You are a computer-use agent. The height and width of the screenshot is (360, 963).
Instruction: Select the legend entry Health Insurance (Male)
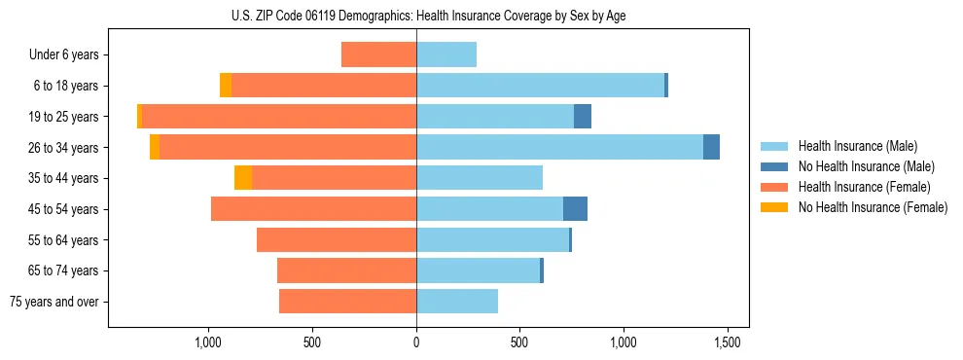pyautogui.click(x=851, y=147)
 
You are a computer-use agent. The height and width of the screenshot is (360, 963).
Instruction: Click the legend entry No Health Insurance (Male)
pyautogui.click(x=859, y=167)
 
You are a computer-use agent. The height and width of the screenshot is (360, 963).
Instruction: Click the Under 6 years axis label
pyautogui.click(x=63, y=55)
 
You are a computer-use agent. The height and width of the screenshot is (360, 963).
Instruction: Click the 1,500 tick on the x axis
pyautogui.click(x=727, y=342)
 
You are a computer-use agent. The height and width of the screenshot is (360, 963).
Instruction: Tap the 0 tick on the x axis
pyautogui.click(x=416, y=342)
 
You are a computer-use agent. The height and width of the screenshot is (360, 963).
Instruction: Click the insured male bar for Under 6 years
pyautogui.click(x=446, y=55)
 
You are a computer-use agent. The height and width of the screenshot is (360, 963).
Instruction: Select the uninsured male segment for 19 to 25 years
pyautogui.click(x=583, y=117)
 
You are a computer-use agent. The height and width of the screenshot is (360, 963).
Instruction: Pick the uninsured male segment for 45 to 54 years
pyautogui.click(x=575, y=209)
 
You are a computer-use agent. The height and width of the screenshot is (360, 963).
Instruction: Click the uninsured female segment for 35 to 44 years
pyautogui.click(x=243, y=178)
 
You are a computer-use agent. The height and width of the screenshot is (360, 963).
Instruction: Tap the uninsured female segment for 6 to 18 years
pyautogui.click(x=226, y=86)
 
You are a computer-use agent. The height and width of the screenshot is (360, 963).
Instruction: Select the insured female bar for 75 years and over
pyautogui.click(x=347, y=302)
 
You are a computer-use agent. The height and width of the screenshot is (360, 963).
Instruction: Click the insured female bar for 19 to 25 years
pyautogui.click(x=278, y=117)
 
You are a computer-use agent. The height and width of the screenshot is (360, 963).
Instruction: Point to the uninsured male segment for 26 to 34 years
pyautogui.click(x=711, y=148)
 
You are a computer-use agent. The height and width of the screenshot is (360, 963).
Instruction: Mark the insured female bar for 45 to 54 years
pyautogui.click(x=313, y=209)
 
